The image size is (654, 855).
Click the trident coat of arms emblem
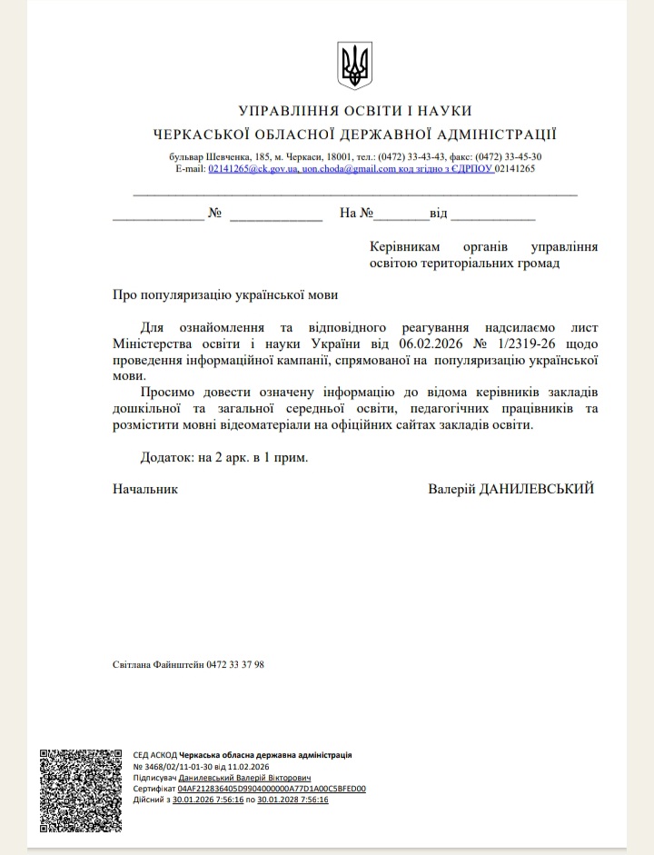click(354, 65)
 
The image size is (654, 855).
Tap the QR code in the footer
click(80, 790)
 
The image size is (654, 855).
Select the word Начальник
click(145, 489)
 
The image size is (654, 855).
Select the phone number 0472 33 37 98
click(235, 664)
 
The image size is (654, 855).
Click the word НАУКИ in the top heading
click(447, 111)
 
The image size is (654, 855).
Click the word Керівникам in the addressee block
click(404, 247)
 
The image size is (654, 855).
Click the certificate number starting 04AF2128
click(272, 789)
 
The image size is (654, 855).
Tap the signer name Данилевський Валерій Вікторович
click(244, 778)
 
